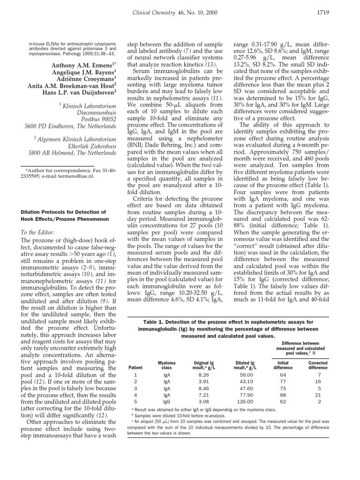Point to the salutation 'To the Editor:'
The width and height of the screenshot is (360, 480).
click(x=38, y=232)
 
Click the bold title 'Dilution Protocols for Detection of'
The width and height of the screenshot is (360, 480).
click(x=63, y=212)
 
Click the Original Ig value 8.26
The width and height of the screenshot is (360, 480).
click(x=204, y=375)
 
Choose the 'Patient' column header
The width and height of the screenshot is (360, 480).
click(x=135, y=368)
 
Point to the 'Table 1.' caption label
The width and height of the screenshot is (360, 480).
click(x=156, y=322)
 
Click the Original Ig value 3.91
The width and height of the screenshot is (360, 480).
click(x=204, y=382)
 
